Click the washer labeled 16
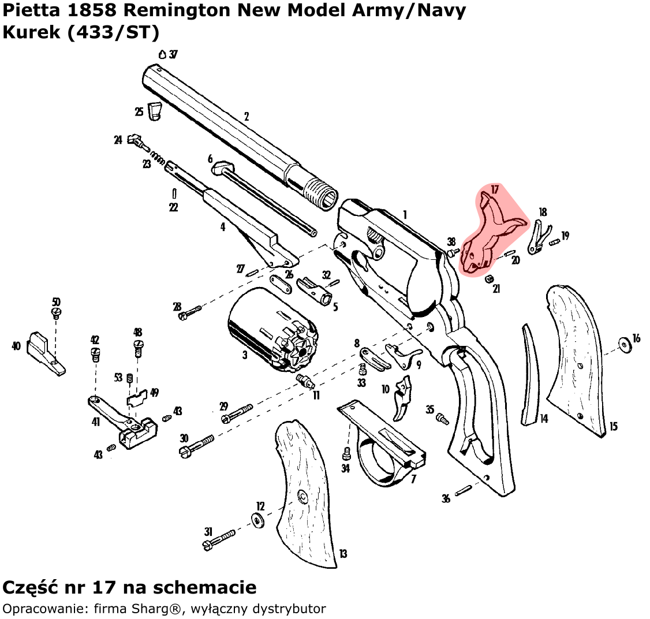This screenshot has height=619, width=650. pyautogui.click(x=624, y=345)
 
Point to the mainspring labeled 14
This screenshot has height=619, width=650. pyautogui.click(x=530, y=375)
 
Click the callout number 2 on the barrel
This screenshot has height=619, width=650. pyautogui.click(x=246, y=117)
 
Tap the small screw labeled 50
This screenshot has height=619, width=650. pyautogui.click(x=57, y=312)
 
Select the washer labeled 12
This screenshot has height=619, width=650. pyautogui.click(x=256, y=520)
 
